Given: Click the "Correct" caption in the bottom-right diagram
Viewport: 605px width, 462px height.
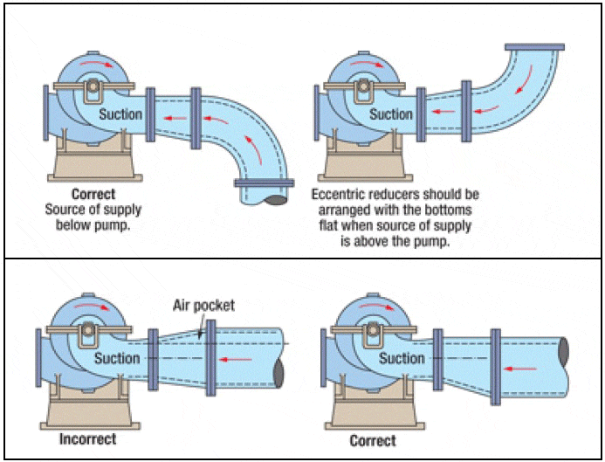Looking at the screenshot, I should (x=373, y=440).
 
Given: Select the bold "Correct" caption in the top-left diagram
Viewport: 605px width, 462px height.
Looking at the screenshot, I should (x=93, y=194).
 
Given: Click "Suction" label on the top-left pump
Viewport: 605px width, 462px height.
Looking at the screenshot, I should (x=120, y=114).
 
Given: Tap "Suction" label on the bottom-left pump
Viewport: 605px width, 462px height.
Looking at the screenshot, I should (x=117, y=358).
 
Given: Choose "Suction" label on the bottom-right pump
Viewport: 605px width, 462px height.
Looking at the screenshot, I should (x=402, y=358).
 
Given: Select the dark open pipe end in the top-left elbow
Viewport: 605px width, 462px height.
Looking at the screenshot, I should (x=278, y=200).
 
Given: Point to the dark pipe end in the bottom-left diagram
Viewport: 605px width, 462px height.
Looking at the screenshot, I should (x=279, y=372).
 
